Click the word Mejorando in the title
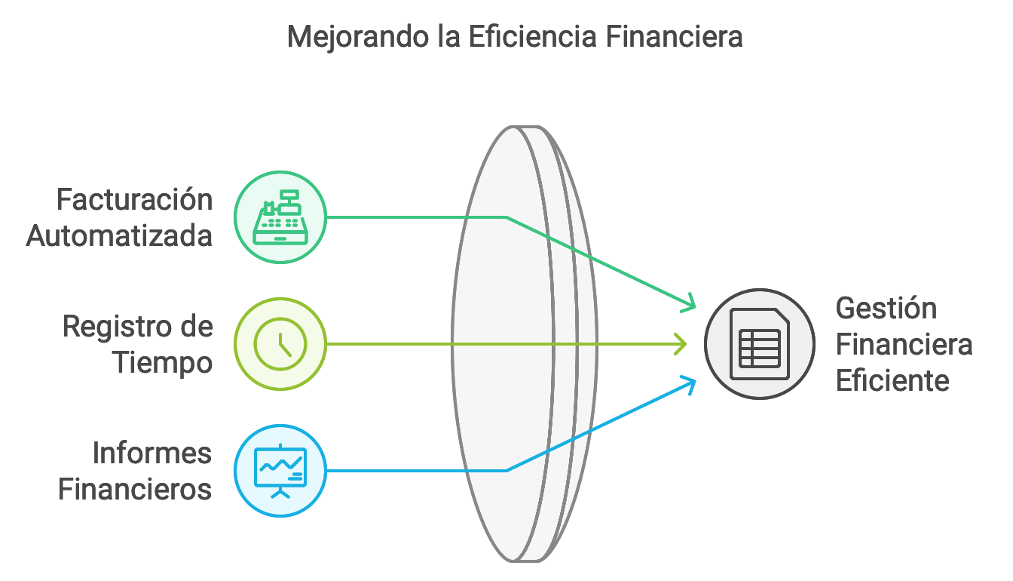coord(358,38)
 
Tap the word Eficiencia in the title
coord(532,36)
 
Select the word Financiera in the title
coord(674,36)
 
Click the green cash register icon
coord(280,217)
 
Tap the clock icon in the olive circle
coord(280,344)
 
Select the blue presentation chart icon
coord(280,471)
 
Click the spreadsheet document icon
coord(760,344)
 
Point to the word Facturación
coord(134,201)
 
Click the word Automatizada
coord(119,236)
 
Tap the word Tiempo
coord(163,364)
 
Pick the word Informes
coord(152,453)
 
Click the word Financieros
coord(135,489)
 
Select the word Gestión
coord(886,309)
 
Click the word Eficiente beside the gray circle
coord(892,380)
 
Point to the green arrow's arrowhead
coord(689,303)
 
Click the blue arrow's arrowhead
coord(689,385)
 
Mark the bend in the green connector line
coord(506,217)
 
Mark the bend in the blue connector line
coord(506,471)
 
